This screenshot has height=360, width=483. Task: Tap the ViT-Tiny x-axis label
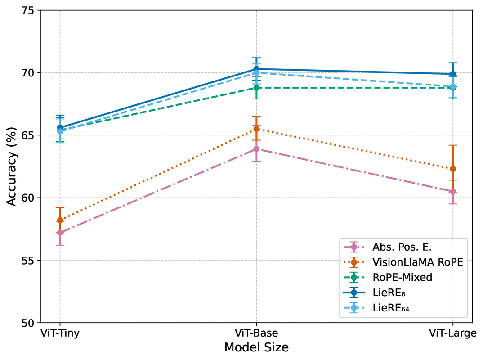pyautogui.click(x=59, y=334)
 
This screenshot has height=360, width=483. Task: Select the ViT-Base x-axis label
pyautogui.click(x=256, y=334)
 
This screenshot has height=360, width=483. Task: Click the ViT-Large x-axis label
pyautogui.click(x=452, y=334)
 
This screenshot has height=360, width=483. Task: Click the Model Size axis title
pyautogui.click(x=256, y=348)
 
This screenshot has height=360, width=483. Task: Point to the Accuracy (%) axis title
pyautogui.click(x=12, y=166)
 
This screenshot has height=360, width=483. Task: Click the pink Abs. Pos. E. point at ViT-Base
pyautogui.click(x=256, y=149)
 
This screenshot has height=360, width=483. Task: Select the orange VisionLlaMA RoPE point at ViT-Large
pyautogui.click(x=453, y=169)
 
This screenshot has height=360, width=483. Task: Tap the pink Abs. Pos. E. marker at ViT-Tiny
pyautogui.click(x=60, y=233)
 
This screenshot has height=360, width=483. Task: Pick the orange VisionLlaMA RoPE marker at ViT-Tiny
pyautogui.click(x=60, y=220)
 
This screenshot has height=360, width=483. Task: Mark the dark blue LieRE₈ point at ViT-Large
pyautogui.click(x=453, y=74)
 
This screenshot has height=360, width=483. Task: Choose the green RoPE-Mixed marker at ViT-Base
pyautogui.click(x=256, y=88)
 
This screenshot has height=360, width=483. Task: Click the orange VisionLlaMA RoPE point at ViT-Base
pyautogui.click(x=256, y=129)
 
